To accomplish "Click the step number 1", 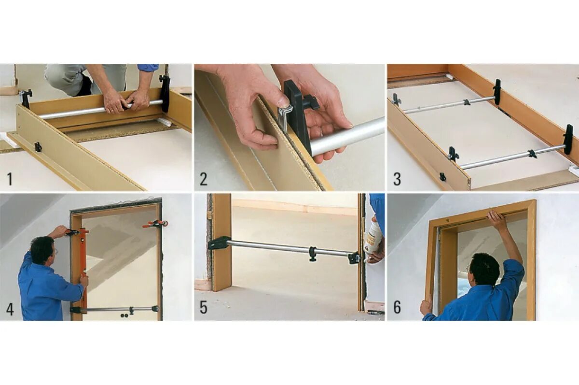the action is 10,179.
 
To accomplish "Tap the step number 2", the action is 204,179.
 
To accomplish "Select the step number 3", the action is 397,179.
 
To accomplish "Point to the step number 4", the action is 10,308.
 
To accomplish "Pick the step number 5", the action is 204,308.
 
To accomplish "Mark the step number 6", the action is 397,308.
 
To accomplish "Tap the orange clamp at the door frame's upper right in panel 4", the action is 155,224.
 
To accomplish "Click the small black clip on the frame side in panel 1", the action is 38,147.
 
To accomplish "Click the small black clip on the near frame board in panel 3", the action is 443,177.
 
